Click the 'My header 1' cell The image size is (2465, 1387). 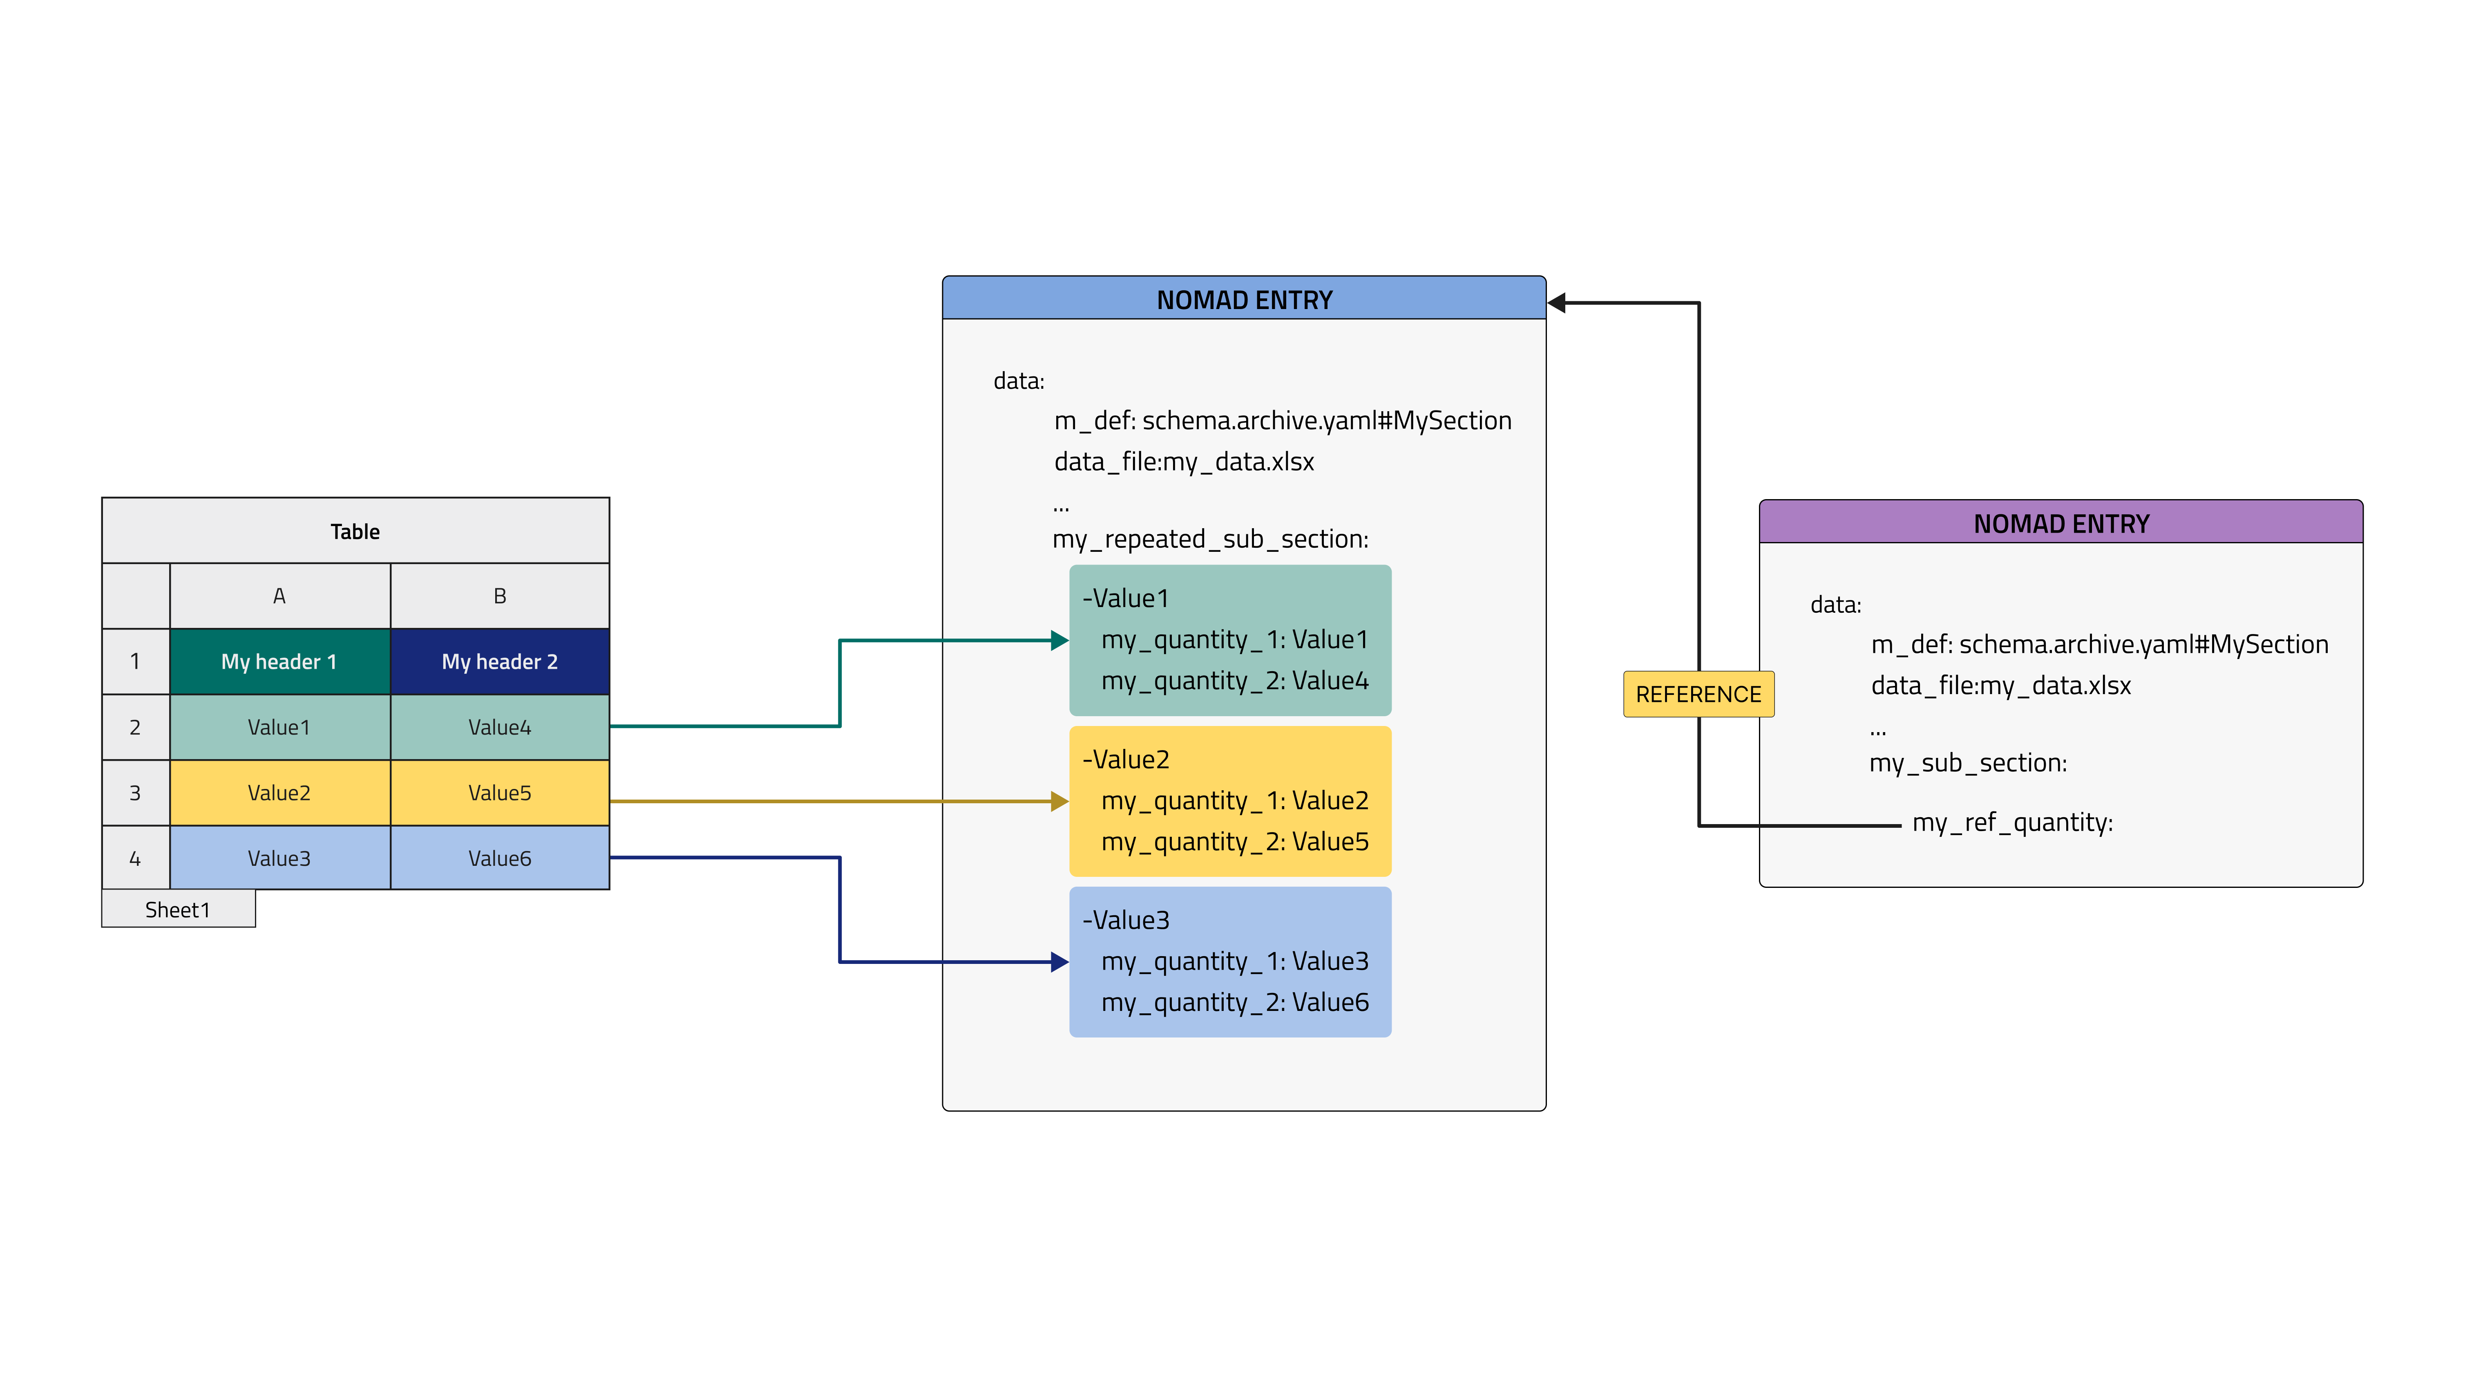[279, 661]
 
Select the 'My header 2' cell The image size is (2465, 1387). [500, 661]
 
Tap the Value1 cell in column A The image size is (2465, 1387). [279, 728]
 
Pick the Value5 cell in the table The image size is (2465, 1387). [500, 793]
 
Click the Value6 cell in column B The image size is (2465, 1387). [500, 858]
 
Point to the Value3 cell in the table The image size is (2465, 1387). [279, 858]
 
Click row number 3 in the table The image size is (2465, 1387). [135, 793]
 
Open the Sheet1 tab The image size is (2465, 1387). [178, 910]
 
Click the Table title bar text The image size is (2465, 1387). [355, 531]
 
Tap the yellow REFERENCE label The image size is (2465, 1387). [1698, 694]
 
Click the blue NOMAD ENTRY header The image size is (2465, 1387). [1244, 300]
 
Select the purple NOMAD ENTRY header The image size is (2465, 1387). [2061, 524]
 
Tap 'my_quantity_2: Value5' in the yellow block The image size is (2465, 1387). [1234, 841]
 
